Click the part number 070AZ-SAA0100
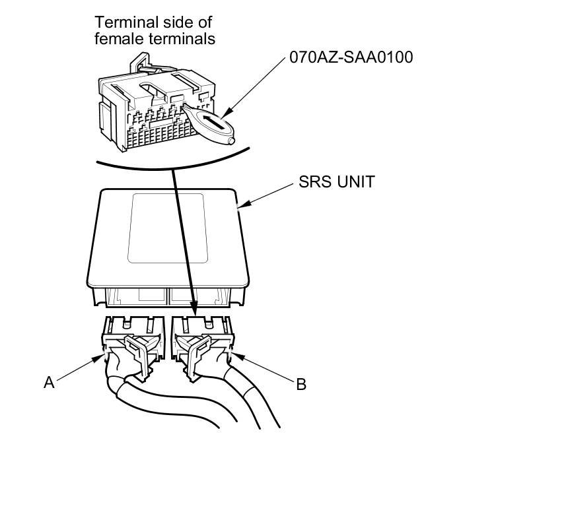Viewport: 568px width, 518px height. click(x=351, y=57)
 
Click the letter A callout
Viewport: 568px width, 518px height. click(x=49, y=382)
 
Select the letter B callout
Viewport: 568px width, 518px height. click(x=301, y=384)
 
